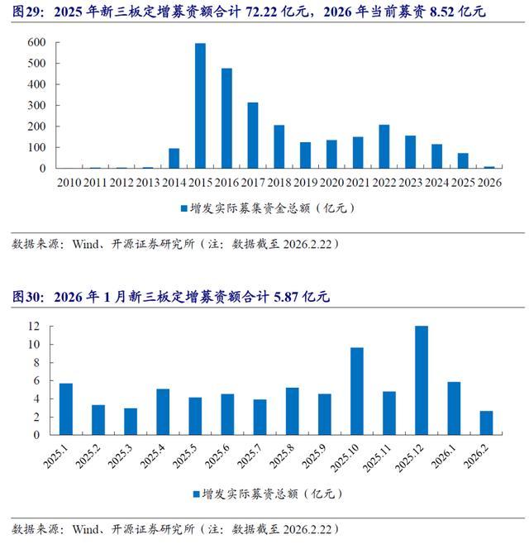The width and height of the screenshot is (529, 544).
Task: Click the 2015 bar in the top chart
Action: (200, 106)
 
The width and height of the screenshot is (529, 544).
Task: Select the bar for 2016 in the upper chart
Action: (226, 118)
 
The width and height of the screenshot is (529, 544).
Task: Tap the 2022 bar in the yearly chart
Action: (384, 146)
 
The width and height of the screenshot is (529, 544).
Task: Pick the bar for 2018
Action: (279, 146)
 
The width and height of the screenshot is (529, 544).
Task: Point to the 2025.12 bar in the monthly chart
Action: (422, 380)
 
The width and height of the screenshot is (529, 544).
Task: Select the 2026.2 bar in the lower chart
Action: (486, 422)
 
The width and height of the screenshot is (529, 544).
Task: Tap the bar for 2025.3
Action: (131, 421)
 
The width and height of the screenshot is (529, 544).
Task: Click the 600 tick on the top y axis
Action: (37, 42)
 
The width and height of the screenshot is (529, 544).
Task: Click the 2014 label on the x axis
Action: (174, 182)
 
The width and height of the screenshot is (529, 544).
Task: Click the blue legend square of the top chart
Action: (183, 208)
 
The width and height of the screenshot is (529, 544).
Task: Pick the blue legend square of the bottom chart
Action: (197, 494)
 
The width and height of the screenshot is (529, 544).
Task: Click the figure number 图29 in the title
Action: (21, 12)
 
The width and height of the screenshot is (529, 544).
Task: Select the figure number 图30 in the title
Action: (21, 297)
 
